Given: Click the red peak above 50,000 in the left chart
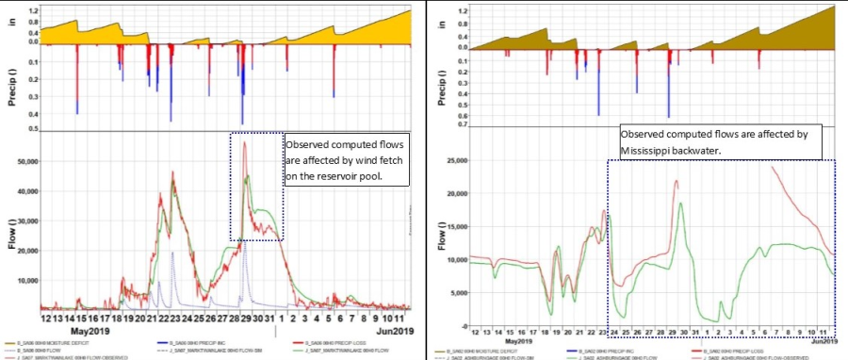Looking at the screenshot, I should click(244, 142).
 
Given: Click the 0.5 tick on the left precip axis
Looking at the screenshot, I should click(31, 128).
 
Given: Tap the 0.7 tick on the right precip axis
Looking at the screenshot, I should click(463, 124).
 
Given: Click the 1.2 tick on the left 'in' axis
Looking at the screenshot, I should click(31, 8).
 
